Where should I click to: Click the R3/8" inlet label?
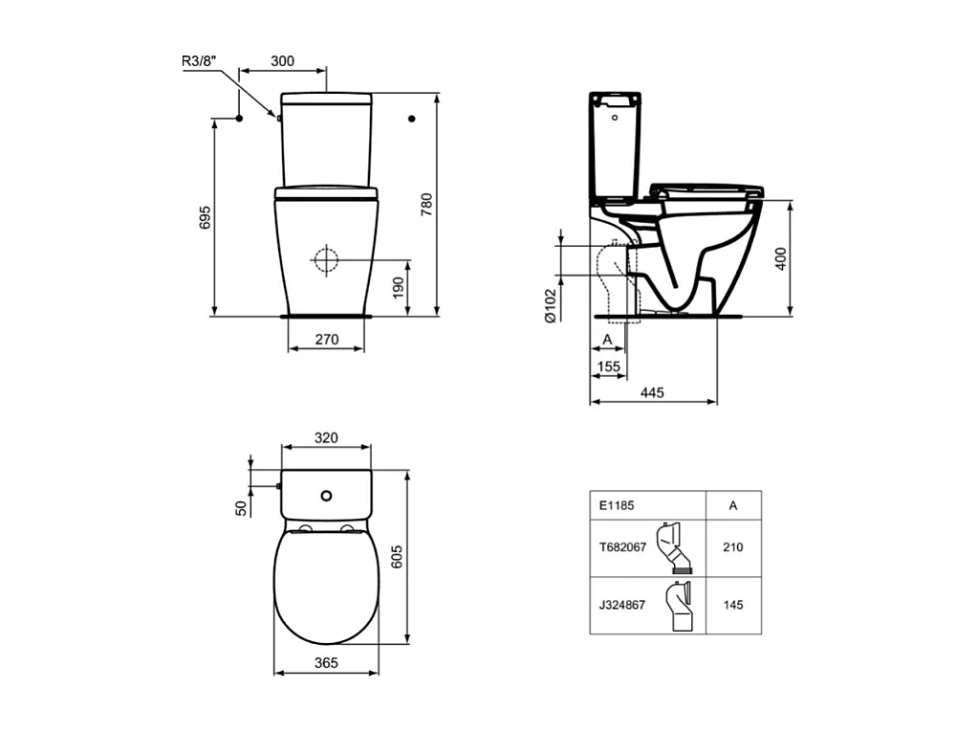click(200, 61)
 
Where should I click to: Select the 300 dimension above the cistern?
click(282, 61)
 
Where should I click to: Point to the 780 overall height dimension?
click(427, 205)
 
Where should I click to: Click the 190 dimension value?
click(400, 284)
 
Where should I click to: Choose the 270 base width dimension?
click(326, 338)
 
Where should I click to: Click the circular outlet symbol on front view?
click(326, 259)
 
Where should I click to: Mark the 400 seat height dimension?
click(781, 258)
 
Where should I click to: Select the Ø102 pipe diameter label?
click(550, 306)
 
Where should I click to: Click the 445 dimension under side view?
click(653, 393)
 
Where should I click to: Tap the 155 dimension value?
click(608, 366)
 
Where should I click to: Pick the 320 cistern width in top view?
click(326, 438)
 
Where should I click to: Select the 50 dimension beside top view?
click(242, 508)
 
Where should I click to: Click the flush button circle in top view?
click(327, 496)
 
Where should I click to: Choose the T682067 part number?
click(622, 547)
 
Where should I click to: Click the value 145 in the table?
click(733, 605)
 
